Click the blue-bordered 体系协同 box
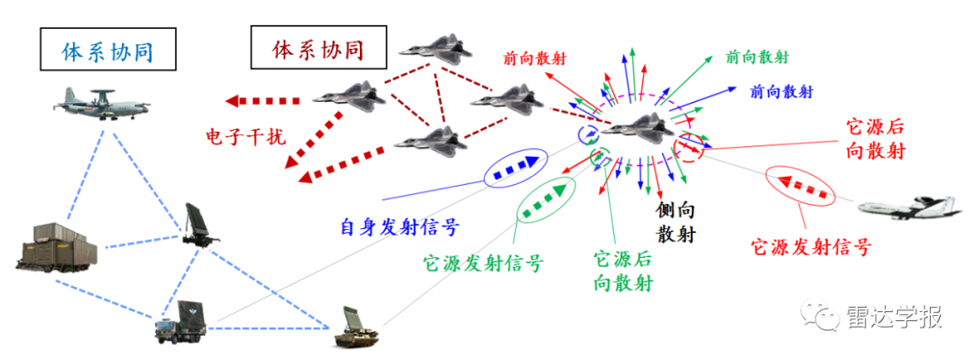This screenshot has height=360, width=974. coord(106,52)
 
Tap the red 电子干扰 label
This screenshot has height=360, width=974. coord(244,136)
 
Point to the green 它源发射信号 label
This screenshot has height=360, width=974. coord(483,264)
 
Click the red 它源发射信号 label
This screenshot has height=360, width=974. coord(811,246)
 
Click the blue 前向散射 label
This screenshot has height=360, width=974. coord(782,92)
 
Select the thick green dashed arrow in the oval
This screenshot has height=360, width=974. coord(546,198)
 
